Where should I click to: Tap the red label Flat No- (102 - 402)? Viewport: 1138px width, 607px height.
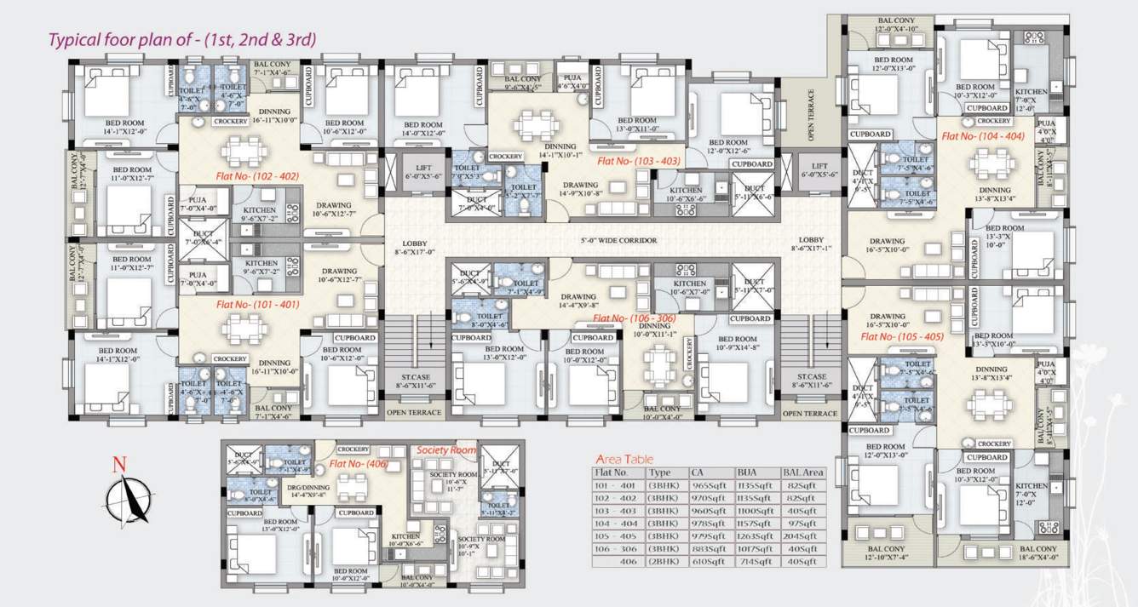(x=257, y=175)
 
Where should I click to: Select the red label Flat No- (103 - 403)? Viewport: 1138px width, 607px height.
(x=638, y=160)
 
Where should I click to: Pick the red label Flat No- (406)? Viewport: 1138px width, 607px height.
(x=362, y=465)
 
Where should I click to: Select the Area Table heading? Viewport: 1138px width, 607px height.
(x=624, y=459)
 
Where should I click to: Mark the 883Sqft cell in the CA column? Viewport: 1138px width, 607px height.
(x=706, y=549)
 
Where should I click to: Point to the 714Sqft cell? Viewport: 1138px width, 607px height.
(x=752, y=562)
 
